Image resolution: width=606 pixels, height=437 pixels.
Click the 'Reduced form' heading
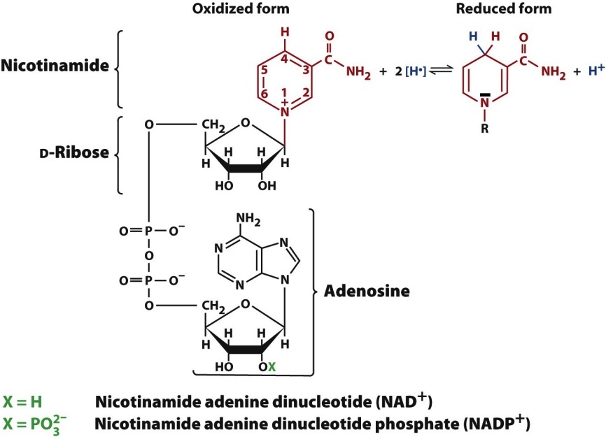tap(514, 10)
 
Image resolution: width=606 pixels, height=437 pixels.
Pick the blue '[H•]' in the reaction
tap(409, 70)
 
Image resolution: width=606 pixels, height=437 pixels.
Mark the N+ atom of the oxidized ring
tap(284, 109)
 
